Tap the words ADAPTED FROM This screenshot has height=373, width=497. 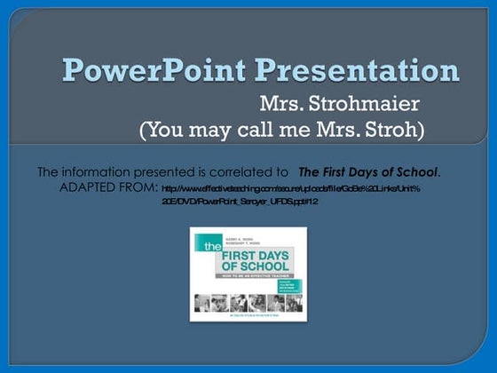108,187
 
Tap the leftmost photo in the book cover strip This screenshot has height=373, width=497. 203,303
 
